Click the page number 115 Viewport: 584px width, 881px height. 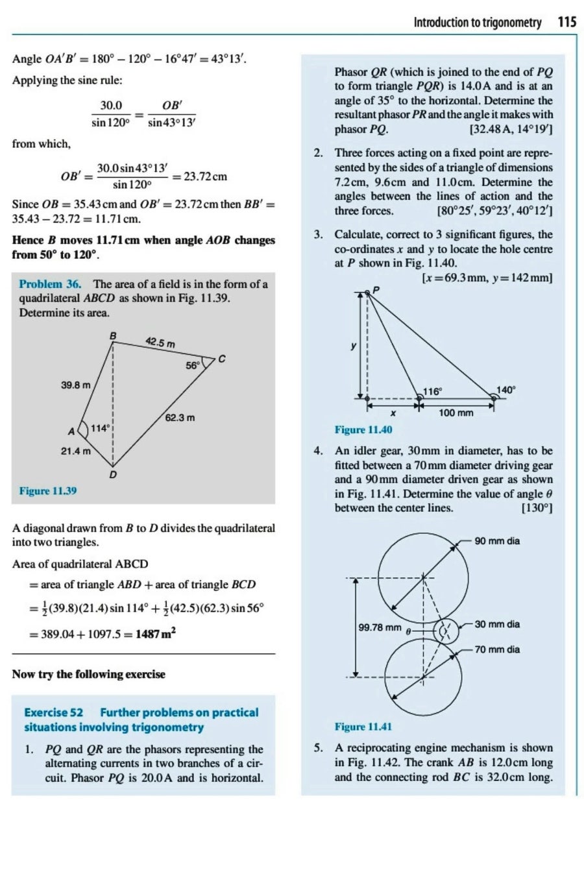(566, 23)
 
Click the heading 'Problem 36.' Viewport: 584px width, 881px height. (50, 284)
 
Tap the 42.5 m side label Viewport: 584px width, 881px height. (160, 342)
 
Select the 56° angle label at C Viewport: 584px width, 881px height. (193, 365)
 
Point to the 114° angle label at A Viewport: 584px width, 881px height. (99, 428)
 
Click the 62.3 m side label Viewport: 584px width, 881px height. (180, 418)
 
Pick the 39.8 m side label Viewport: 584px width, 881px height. (75, 385)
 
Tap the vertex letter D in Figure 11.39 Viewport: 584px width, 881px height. (113, 475)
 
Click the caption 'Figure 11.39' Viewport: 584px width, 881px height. (48, 491)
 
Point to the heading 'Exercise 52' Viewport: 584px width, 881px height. (53, 712)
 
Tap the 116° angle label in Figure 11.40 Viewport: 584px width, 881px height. (432, 391)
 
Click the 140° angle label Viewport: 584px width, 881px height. (505, 390)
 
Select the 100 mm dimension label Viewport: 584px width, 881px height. (456, 413)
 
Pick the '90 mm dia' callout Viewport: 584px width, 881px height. (497, 541)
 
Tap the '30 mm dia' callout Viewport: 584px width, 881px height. (497, 624)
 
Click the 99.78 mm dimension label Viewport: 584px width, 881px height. (380, 627)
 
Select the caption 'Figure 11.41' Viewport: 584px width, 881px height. (363, 727)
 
